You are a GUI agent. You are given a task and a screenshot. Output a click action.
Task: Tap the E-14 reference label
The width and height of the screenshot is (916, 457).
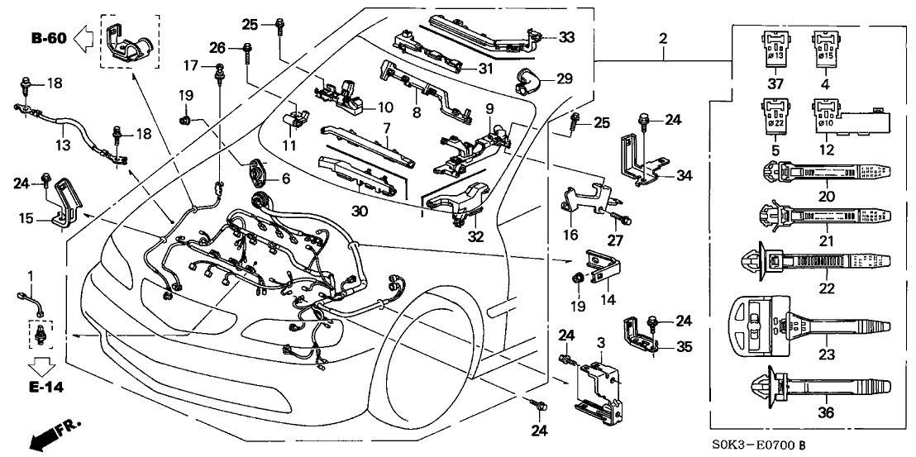(x=43, y=387)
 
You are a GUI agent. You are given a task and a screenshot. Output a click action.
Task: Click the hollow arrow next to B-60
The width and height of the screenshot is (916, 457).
(x=83, y=39)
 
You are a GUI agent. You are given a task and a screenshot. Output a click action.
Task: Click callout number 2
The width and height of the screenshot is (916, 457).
(x=662, y=40)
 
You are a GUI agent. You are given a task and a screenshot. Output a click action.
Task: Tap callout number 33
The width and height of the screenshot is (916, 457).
(x=566, y=38)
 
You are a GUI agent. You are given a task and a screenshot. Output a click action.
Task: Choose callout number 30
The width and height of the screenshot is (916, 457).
(x=360, y=212)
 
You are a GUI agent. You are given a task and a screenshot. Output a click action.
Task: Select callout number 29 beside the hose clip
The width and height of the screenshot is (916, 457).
(x=565, y=79)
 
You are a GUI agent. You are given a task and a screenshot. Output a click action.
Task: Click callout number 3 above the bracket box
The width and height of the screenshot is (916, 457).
(x=599, y=340)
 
